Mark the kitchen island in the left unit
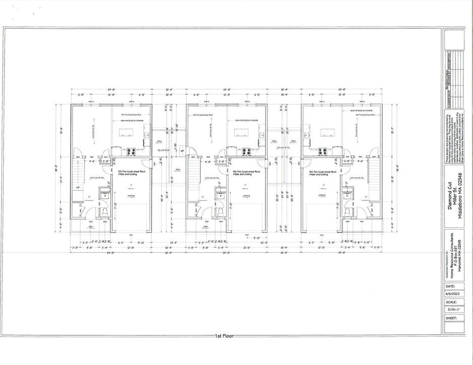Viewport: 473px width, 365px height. point(125,134)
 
